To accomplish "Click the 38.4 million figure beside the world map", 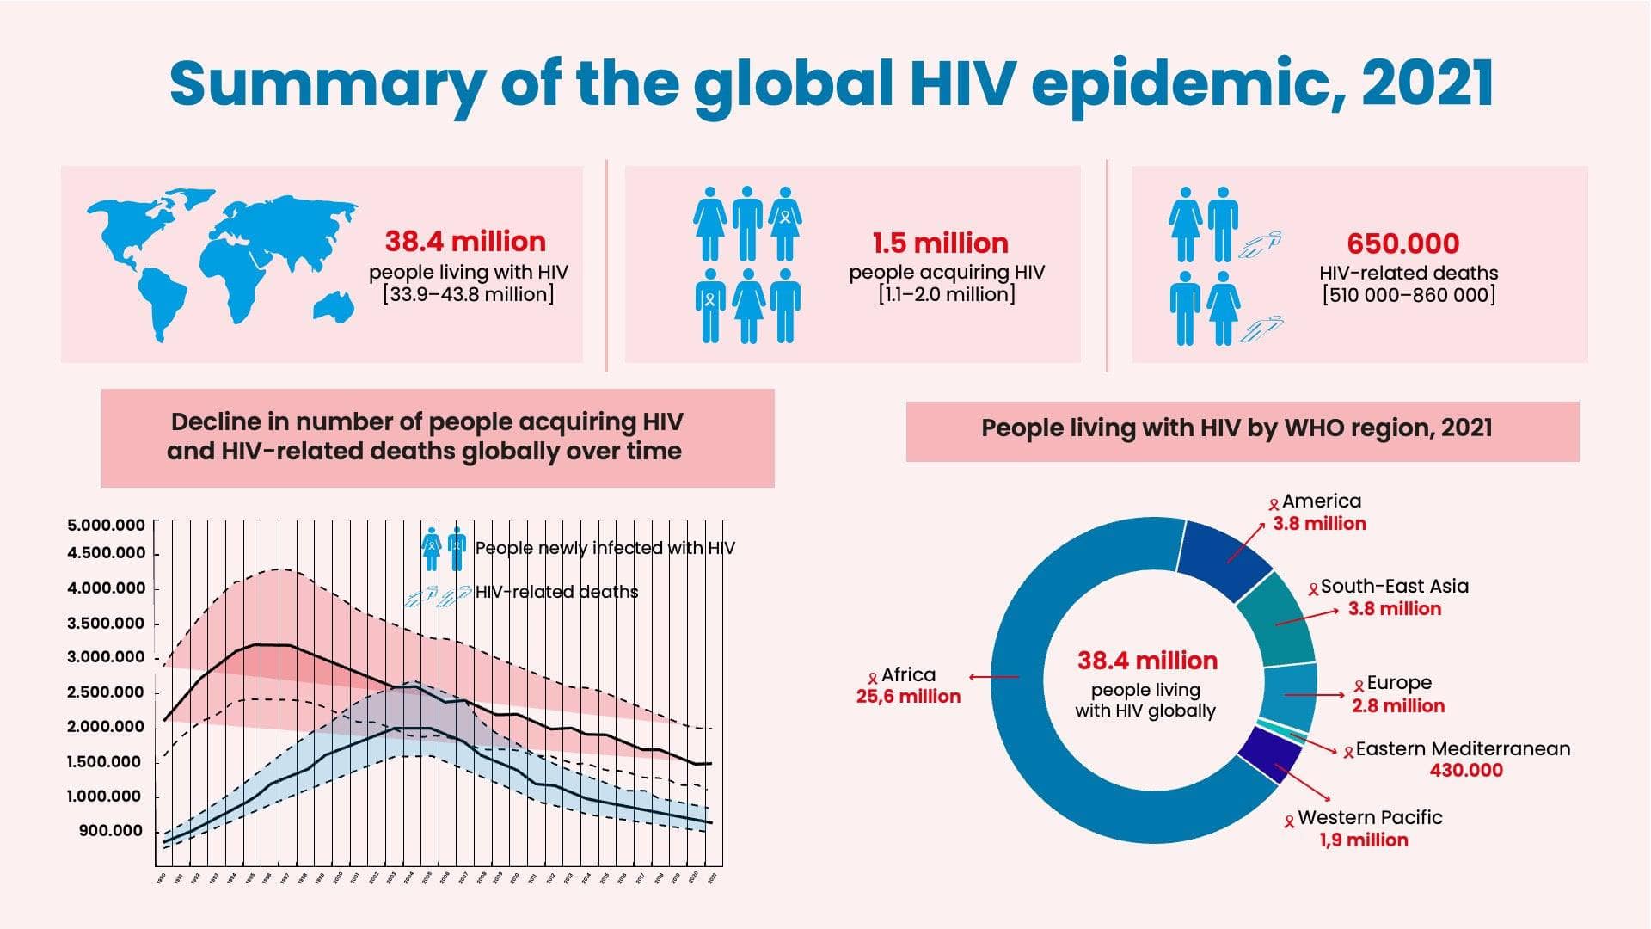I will pos(465,242).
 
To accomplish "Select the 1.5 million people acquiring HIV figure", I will pos(940,243).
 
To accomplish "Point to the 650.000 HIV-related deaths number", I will pos(1402,244).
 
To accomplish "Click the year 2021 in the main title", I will pos(1427,84).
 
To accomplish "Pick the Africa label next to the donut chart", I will pos(908,675).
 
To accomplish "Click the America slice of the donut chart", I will pos(1223,560).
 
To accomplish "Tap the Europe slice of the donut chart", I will pos(1291,695).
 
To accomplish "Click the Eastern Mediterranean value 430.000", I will pos(1466,771).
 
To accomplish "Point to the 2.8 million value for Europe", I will pos(1398,706).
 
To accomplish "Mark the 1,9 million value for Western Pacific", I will pos(1364,840).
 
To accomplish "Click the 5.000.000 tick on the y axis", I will pos(106,526).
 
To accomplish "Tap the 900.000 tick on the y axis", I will pos(111,831).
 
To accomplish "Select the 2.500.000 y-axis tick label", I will pos(106,692).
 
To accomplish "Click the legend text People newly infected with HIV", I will pos(605,549).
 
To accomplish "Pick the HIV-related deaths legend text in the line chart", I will pos(556,593).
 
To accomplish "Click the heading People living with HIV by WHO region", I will pos(1237,428).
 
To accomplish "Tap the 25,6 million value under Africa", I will pos(908,697).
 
